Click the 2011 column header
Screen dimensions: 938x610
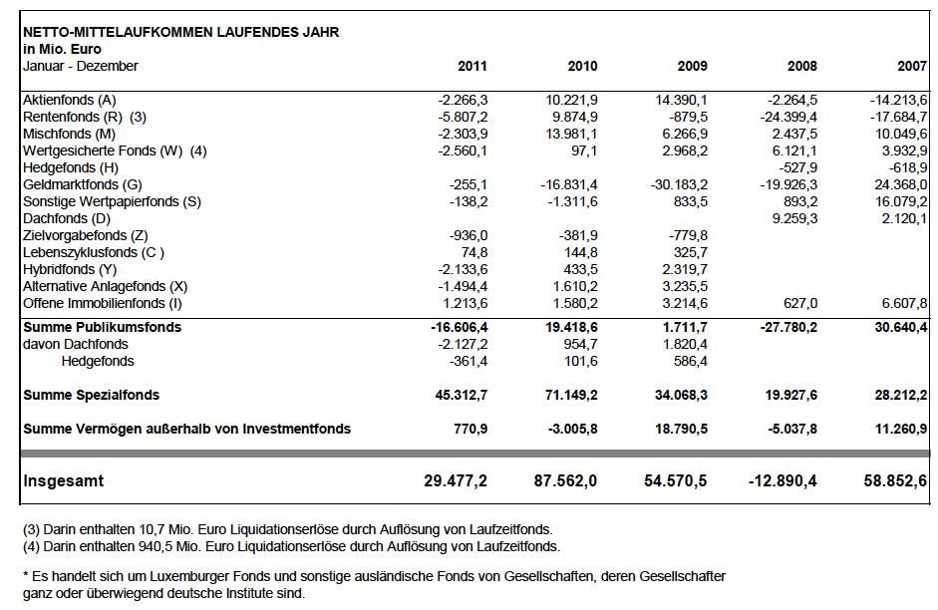[472, 66]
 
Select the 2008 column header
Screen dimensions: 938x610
[802, 66]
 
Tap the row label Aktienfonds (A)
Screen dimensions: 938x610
[70, 100]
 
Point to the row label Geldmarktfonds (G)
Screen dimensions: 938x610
[83, 184]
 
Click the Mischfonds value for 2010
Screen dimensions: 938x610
[571, 134]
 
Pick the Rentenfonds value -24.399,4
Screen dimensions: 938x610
[788, 117]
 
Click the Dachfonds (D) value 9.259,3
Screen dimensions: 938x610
[794, 219]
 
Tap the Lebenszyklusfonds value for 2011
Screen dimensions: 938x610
[473, 253]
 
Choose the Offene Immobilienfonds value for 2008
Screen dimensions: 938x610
[800, 304]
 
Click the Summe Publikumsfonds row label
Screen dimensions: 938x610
[103, 327]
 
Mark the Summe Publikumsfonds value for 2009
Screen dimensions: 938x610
[685, 327]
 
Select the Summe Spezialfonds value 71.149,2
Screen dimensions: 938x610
[571, 396]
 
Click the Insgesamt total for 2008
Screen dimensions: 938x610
[782, 480]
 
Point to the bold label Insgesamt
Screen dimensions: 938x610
[64, 480]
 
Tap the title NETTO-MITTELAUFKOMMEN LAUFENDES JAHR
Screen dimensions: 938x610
[180, 32]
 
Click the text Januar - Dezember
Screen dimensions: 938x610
[80, 66]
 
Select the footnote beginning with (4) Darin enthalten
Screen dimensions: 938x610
[291, 546]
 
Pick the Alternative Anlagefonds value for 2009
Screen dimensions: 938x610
[685, 287]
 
